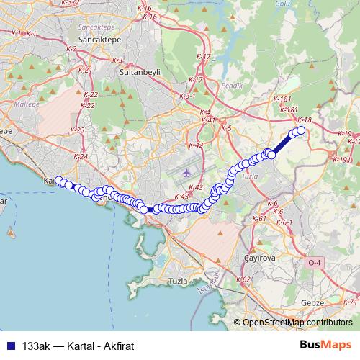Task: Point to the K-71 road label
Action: pos(350,302)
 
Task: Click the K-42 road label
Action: pos(196,145)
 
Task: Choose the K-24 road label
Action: pos(81,157)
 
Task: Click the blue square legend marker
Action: pos(11,346)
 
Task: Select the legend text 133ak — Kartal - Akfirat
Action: pos(78,346)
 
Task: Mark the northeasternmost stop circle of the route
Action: pos(301,130)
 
